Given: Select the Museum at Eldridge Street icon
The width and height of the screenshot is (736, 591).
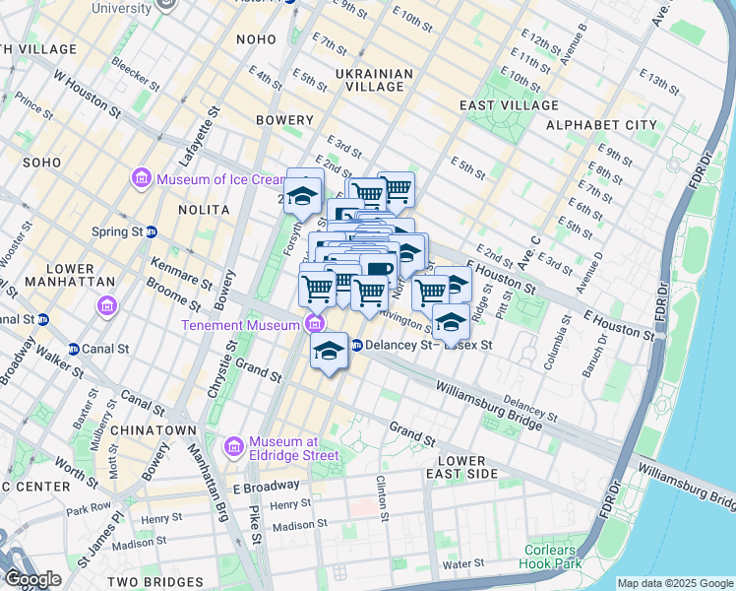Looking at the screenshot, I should coord(233,447).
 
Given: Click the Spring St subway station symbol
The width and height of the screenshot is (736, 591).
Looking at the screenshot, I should coord(152,232).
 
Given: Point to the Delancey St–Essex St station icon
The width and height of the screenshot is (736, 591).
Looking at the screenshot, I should coord(357,345).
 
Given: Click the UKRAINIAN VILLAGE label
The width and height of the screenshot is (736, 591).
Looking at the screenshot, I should coord(369,80).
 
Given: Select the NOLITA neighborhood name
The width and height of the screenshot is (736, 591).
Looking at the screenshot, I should coord(204,210).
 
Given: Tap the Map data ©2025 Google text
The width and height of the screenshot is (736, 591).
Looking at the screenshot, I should coord(673,583).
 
